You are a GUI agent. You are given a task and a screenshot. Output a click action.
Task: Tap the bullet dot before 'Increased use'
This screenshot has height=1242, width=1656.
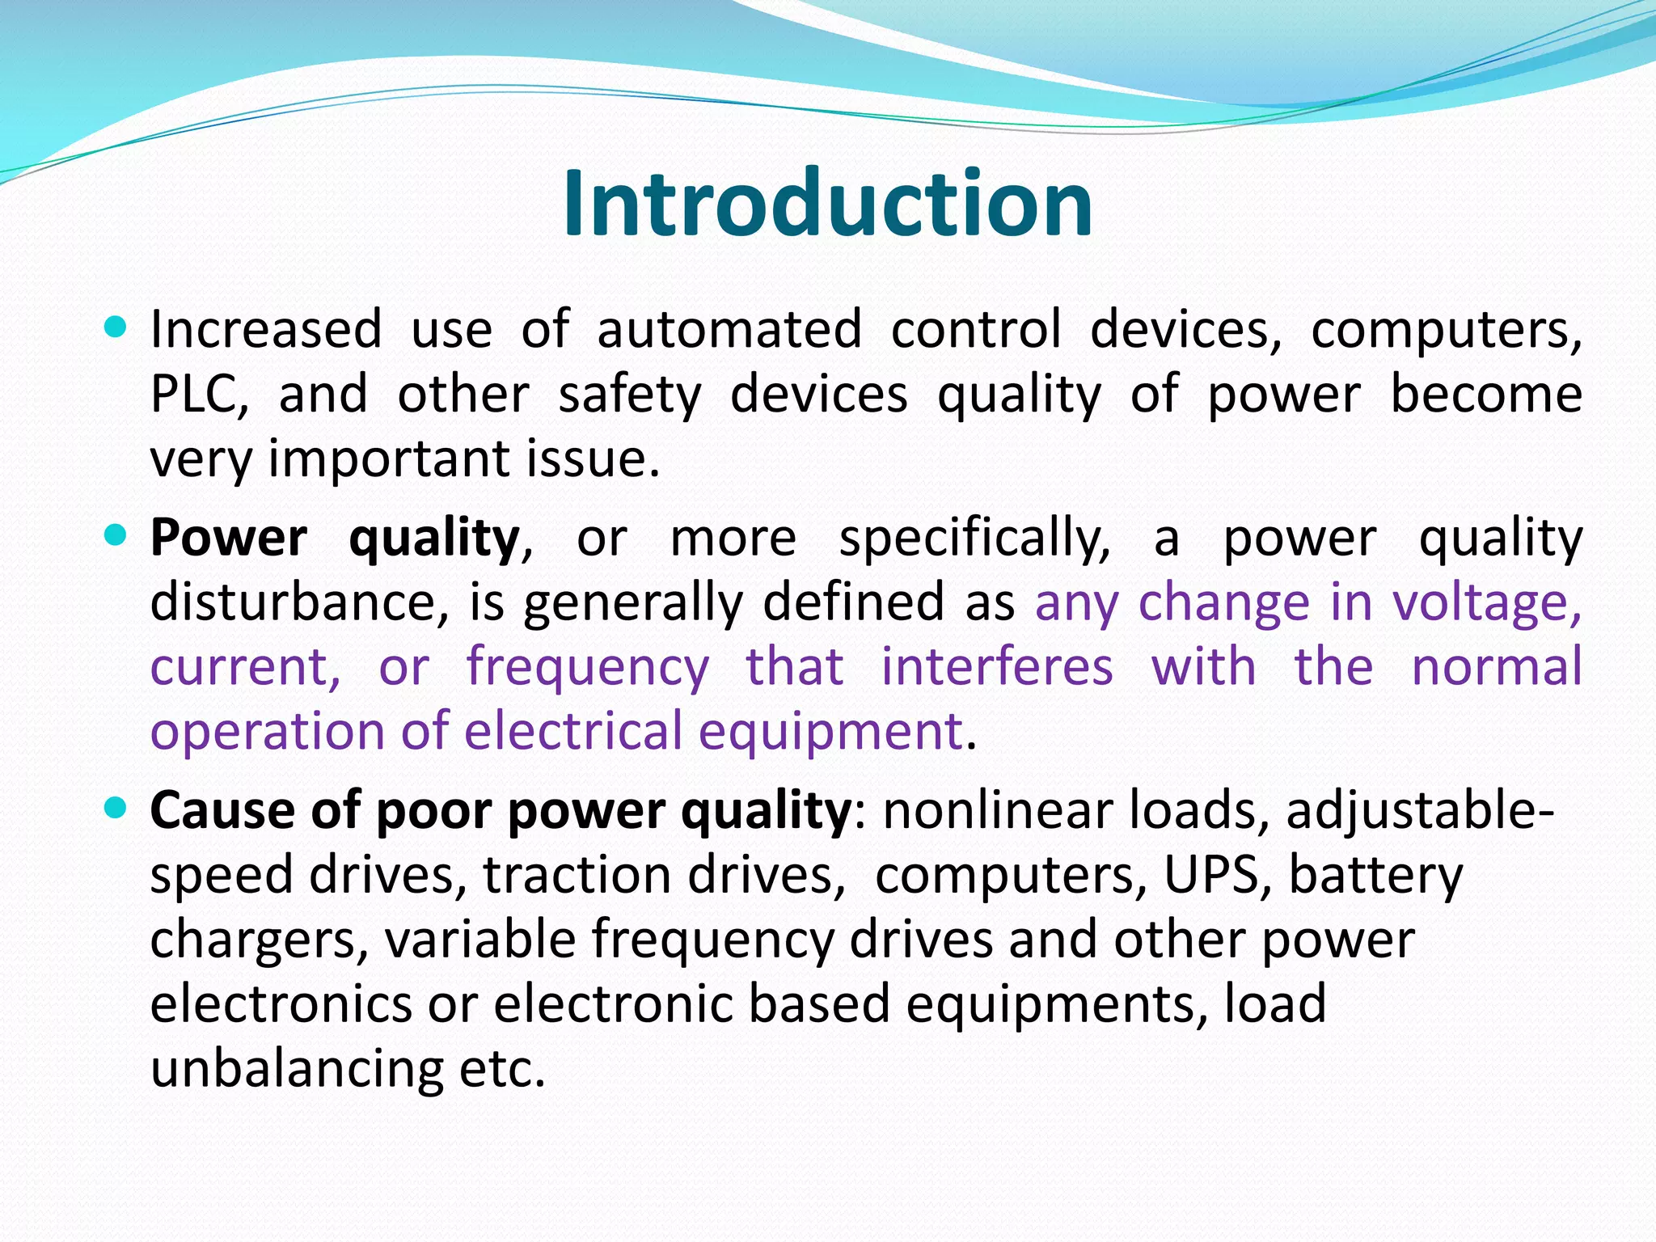click(116, 327)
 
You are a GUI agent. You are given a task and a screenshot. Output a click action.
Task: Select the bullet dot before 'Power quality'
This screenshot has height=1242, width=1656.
click(116, 534)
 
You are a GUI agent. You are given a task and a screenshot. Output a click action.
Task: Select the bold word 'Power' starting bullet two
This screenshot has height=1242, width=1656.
click(229, 538)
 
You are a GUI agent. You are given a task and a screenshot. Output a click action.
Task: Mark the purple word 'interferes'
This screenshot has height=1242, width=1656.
click(997, 667)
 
